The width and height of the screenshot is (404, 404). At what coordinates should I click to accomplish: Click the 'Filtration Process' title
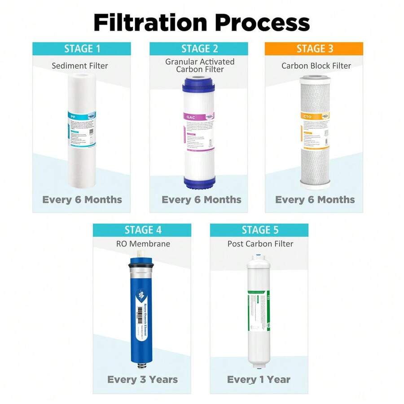point(202,22)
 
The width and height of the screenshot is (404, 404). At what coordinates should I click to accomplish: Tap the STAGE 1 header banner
point(81,49)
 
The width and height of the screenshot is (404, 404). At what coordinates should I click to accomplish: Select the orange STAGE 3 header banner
point(314,49)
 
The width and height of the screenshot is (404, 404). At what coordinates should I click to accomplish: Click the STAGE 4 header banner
point(142,230)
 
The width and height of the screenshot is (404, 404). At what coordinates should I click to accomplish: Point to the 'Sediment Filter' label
point(80,66)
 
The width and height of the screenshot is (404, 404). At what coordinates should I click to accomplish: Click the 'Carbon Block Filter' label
point(316,66)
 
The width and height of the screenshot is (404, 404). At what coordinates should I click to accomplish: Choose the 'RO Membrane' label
point(142,244)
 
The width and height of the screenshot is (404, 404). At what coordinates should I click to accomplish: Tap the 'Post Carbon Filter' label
point(260,244)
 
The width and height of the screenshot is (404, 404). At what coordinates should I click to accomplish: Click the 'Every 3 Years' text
point(142,380)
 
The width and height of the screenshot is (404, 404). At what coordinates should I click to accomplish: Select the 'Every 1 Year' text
point(259,380)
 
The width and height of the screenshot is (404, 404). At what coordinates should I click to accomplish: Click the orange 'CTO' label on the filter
point(307,117)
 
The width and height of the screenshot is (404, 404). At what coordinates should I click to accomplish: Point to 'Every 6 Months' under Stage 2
point(202,200)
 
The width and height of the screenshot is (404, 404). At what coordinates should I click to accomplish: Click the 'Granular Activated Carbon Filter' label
point(199,66)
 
